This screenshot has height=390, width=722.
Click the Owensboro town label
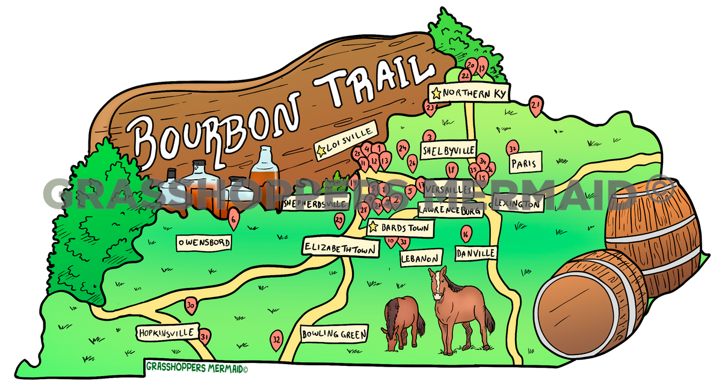(x=204, y=242)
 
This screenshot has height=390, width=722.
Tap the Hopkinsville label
(x=167, y=332)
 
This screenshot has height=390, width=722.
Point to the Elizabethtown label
(x=341, y=248)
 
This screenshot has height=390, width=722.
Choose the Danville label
(x=475, y=254)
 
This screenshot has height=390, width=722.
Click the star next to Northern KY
(x=436, y=93)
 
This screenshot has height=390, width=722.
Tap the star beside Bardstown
(x=373, y=228)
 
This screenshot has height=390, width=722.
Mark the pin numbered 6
(x=233, y=221)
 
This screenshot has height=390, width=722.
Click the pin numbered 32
(x=277, y=340)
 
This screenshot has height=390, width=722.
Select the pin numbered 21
(x=535, y=106)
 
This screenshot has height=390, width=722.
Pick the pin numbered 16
(x=465, y=233)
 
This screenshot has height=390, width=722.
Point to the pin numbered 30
(x=191, y=305)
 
